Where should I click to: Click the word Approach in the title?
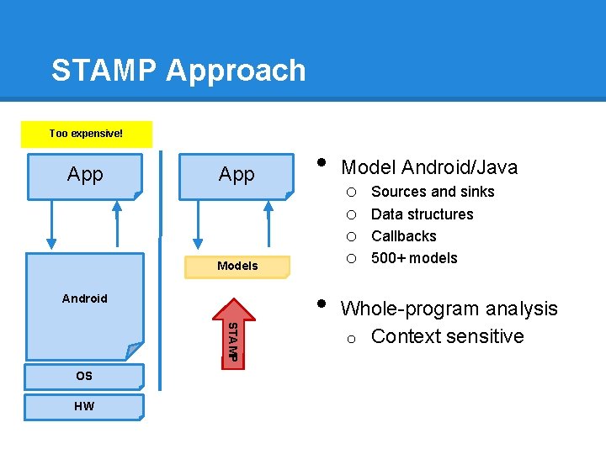click(x=236, y=71)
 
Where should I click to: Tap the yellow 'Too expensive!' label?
click(x=86, y=134)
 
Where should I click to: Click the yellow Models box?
click(x=237, y=266)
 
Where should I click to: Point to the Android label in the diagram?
click(x=85, y=298)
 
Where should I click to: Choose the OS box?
click(x=84, y=376)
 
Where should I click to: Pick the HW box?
click(x=84, y=407)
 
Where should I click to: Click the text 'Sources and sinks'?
click(x=433, y=192)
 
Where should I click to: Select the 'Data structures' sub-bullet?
click(x=422, y=214)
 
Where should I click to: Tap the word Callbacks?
click(x=403, y=236)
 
